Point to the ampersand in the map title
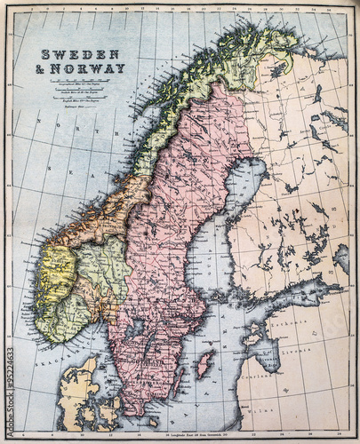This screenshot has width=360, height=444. pos(42,68)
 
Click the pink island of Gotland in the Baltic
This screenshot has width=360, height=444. pos(205,363)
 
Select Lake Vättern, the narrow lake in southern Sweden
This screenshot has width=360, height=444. pos(148,345)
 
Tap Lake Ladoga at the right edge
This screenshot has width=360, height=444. pos(341,258)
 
